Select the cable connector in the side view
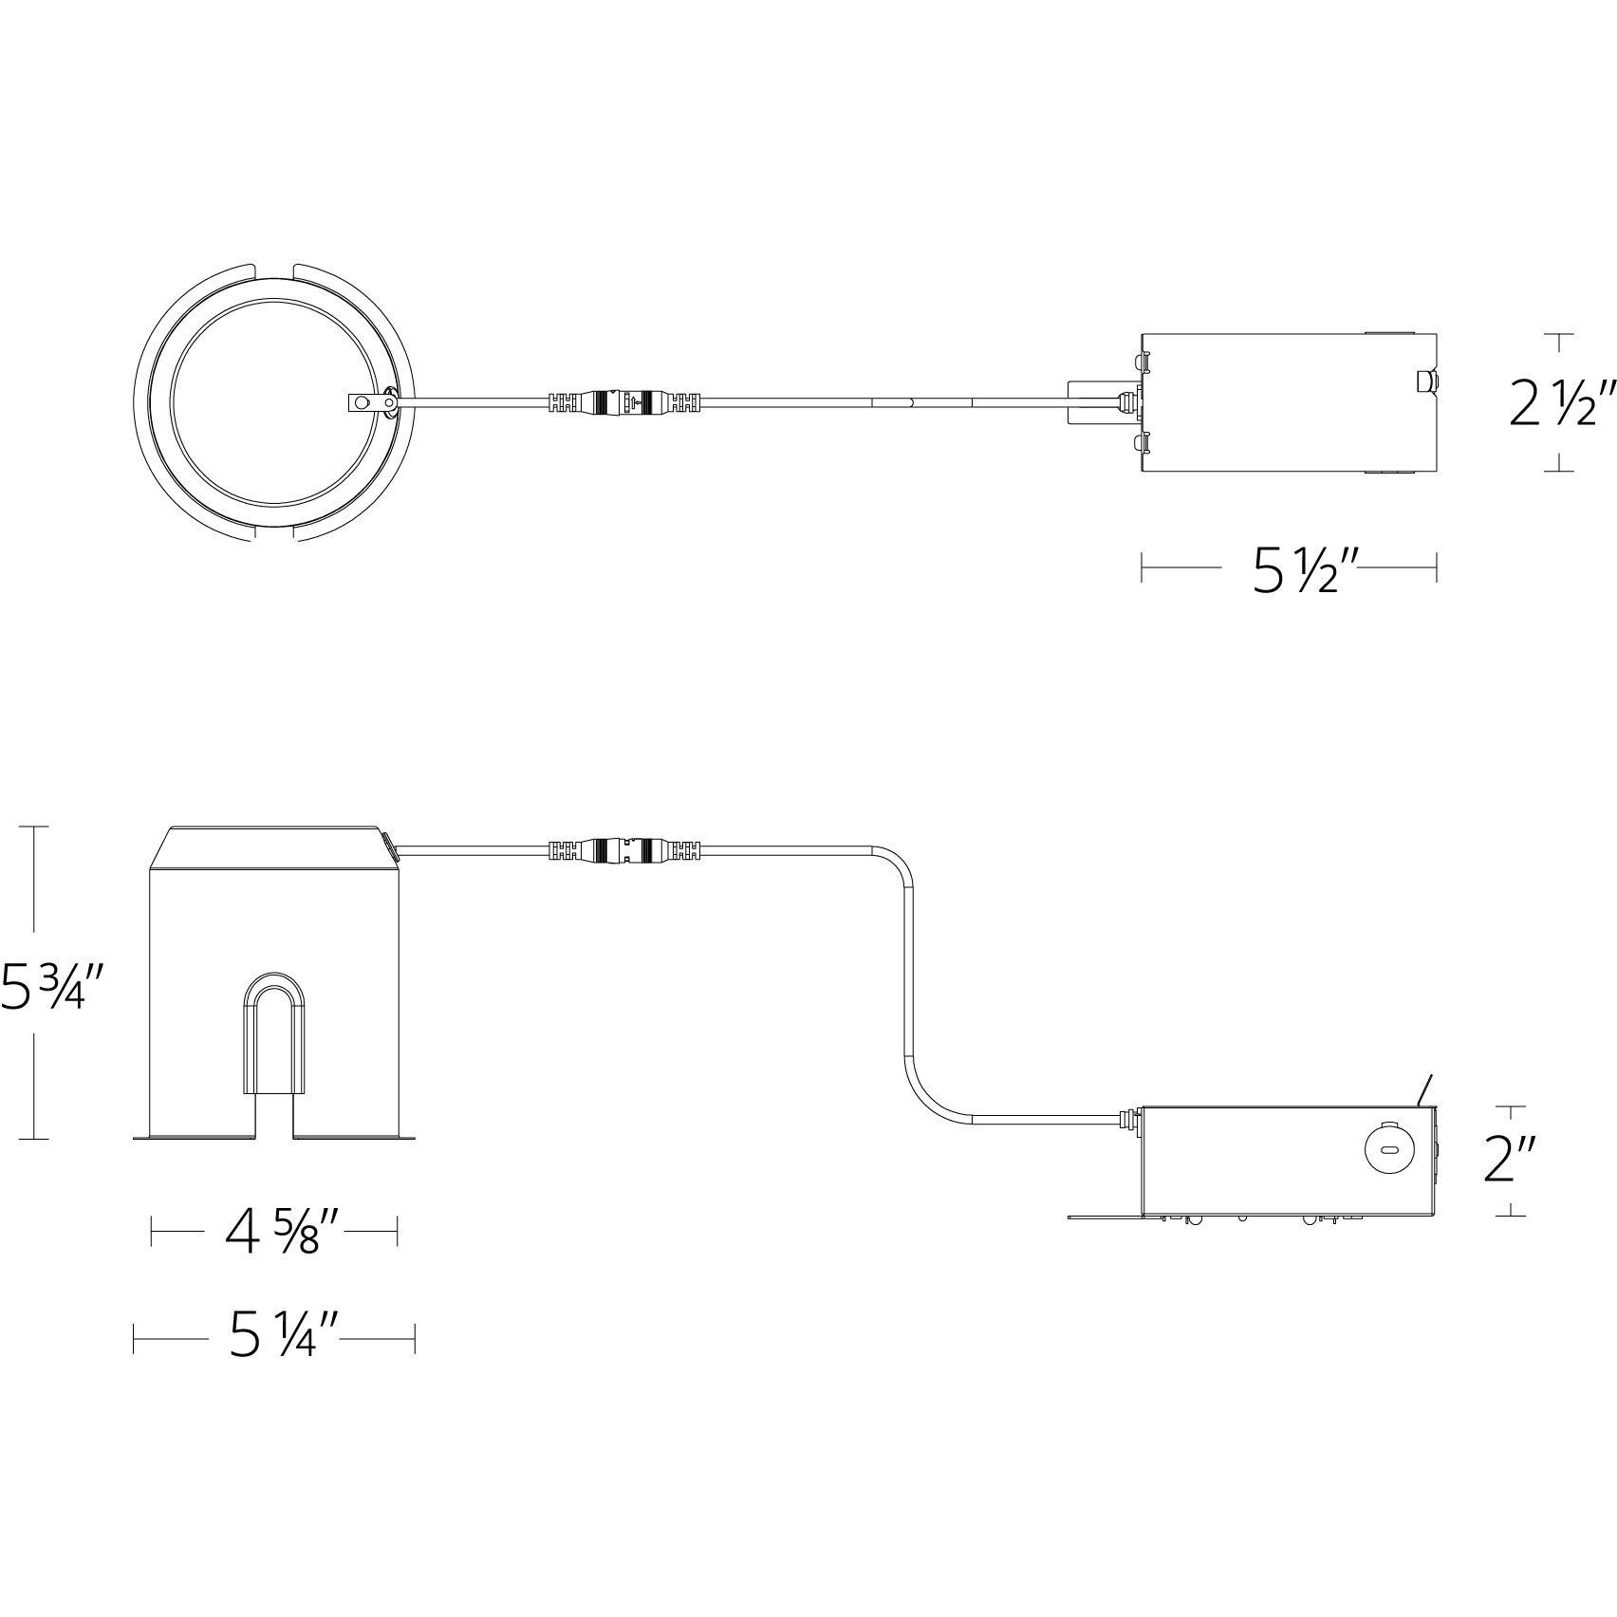pyautogui.click(x=624, y=848)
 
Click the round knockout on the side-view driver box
pyautogui.click(x=1387, y=1150)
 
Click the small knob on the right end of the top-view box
pyautogui.click(x=1425, y=382)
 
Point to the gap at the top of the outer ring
pyautogui.click(x=274, y=268)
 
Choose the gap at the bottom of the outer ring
pyautogui.click(x=274, y=536)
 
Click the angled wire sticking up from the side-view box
pyautogui.click(x=1424, y=1089)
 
